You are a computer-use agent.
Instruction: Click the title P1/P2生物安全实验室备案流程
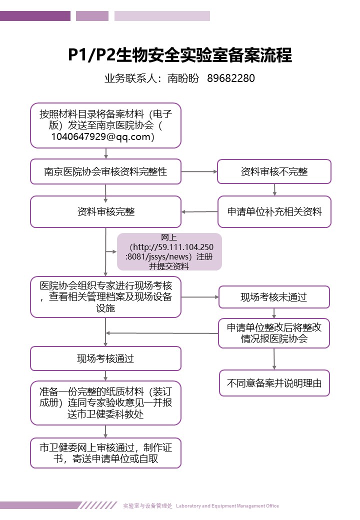[180, 55]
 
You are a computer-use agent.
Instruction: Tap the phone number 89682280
[231, 78]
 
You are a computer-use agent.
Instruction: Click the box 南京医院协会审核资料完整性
[105, 171]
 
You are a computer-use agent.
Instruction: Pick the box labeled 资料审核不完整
[274, 171]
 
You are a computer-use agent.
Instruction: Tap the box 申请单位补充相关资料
[274, 211]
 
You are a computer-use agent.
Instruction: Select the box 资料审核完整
[105, 211]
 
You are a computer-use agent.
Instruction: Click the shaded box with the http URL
[169, 252]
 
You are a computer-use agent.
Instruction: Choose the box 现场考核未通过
[274, 297]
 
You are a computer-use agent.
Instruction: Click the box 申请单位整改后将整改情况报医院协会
[274, 333]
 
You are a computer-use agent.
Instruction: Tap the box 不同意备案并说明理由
[274, 383]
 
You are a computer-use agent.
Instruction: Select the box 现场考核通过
[105, 358]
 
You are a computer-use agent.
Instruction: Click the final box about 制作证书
[105, 453]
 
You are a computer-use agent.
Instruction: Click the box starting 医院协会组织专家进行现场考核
[105, 297]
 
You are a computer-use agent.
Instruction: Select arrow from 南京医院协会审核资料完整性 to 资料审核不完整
[199, 171]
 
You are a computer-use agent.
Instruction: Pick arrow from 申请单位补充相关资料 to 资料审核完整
[199, 212]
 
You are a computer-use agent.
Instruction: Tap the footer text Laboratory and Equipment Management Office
[227, 506]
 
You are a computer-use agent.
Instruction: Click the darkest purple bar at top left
[35, 16]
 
